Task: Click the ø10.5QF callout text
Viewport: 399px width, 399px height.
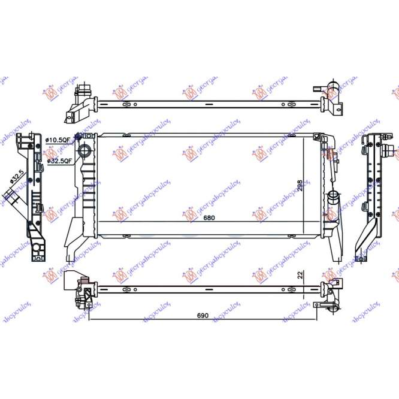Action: pos(59,140)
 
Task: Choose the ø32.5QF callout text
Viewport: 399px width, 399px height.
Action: pos(59,161)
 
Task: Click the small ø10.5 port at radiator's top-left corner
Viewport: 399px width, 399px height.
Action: pos(77,138)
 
